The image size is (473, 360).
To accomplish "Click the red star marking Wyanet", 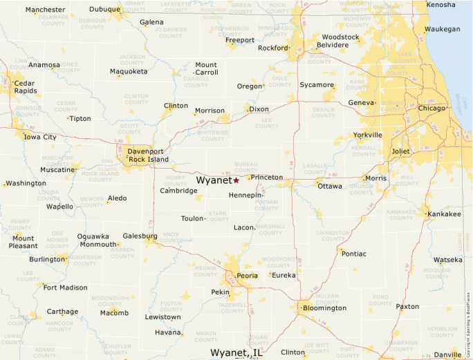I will coord(236,180).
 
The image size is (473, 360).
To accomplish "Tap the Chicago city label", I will coord(432,108).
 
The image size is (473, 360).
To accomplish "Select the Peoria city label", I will coord(247,276).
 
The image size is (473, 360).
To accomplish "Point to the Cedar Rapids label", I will coord(25,86).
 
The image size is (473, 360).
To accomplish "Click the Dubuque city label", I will coord(104,10).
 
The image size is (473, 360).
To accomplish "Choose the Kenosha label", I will coord(441,5).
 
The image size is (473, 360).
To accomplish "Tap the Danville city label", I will coord(447,354).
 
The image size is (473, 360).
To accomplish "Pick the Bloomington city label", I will coord(324,307).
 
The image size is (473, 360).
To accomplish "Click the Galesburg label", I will coord(140,236).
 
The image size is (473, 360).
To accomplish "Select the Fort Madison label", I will coord(65,287).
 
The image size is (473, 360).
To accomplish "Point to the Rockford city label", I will coord(272,48).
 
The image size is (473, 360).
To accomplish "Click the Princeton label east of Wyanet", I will coord(266,178).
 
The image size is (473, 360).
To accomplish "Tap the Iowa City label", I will coord(40,137).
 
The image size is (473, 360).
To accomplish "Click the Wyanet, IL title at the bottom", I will coord(236,352).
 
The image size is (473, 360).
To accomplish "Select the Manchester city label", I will coord(45,10).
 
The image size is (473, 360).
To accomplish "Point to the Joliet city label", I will coord(400,151).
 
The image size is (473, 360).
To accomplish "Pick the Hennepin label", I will coord(245,196).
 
